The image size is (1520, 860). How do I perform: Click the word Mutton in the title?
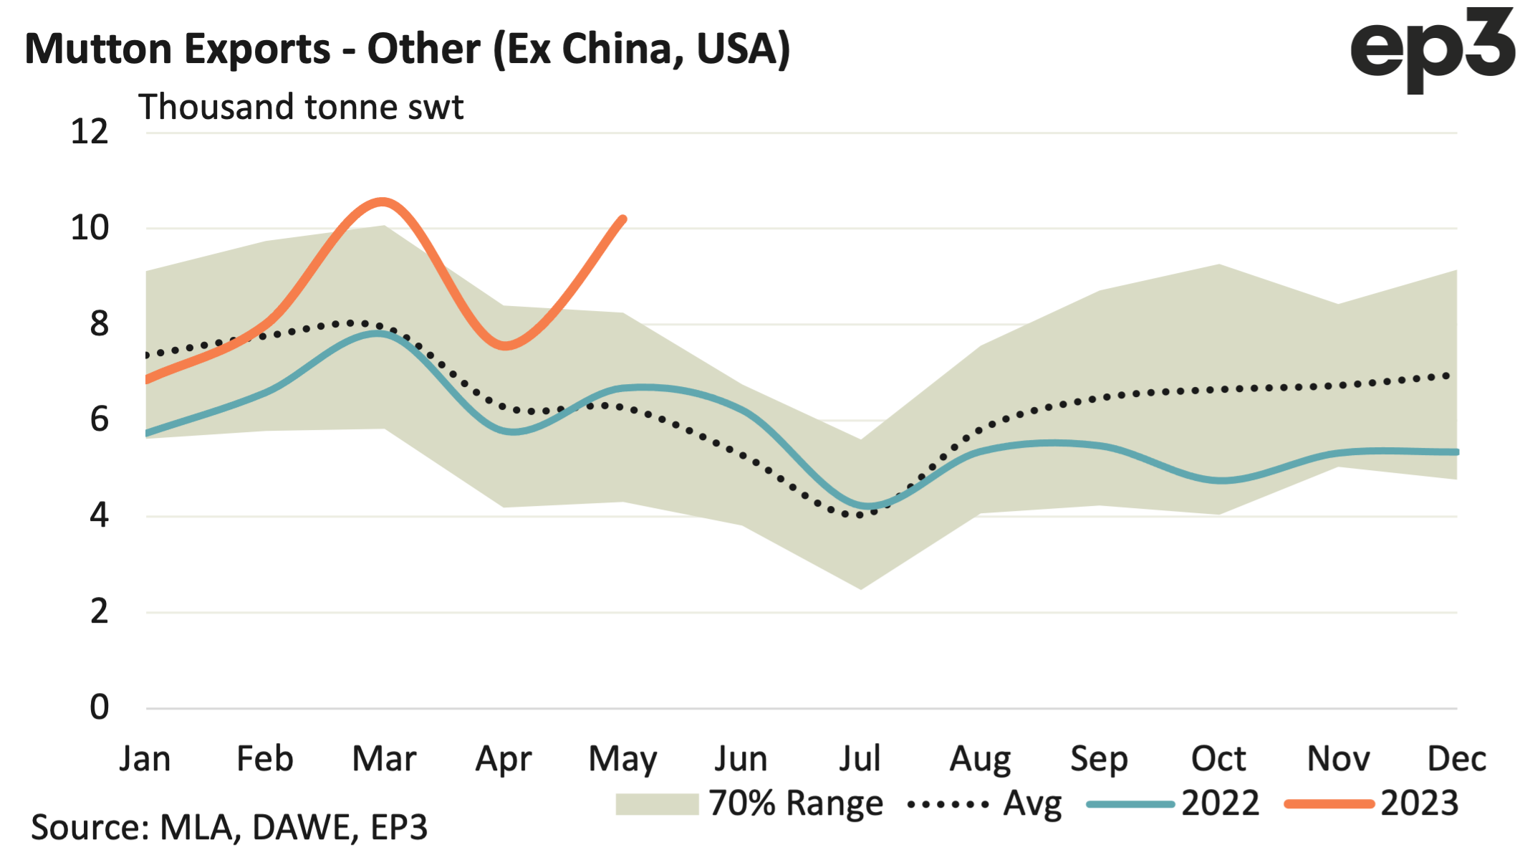tap(98, 49)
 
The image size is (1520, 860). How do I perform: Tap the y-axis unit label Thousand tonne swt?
tap(301, 107)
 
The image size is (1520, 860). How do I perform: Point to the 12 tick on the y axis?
tap(90, 132)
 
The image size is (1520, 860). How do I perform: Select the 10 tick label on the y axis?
tap(90, 228)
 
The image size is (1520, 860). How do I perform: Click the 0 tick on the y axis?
tap(99, 707)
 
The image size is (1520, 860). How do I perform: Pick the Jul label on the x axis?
tap(860, 758)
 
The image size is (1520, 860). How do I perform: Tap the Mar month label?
tap(384, 758)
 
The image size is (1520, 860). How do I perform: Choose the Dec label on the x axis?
tap(1456, 758)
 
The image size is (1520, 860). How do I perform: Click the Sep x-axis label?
tap(1099, 758)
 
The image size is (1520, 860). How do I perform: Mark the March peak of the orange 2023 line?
tap(384, 202)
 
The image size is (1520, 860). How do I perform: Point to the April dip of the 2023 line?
tap(505, 346)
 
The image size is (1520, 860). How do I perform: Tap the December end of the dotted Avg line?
tap(1448, 376)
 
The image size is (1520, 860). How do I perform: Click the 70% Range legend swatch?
tap(657, 804)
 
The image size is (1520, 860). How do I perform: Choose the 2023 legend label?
tap(1420, 804)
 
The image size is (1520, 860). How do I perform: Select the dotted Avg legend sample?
tap(948, 804)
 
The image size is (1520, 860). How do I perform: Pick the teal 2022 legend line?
tap(1130, 804)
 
